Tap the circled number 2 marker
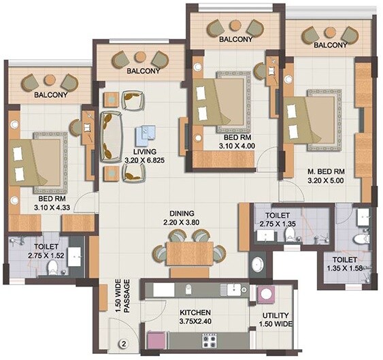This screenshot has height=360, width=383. (124, 343)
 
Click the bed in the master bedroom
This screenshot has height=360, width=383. (314, 120)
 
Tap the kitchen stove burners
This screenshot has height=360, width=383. (208, 338)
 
